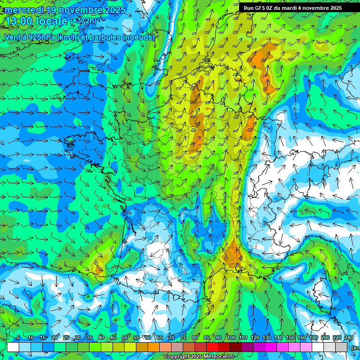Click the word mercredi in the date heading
(x=24, y=10)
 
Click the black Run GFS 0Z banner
(x=299, y=8)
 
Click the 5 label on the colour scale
(x=18, y=338)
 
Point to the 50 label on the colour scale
(x=125, y=338)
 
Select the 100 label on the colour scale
(x=231, y=338)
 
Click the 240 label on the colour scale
(x=348, y=338)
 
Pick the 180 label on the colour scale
(x=313, y=338)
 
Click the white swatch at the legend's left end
(x=13, y=347)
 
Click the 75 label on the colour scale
(x=183, y=338)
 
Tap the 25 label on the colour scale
(x=66, y=338)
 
